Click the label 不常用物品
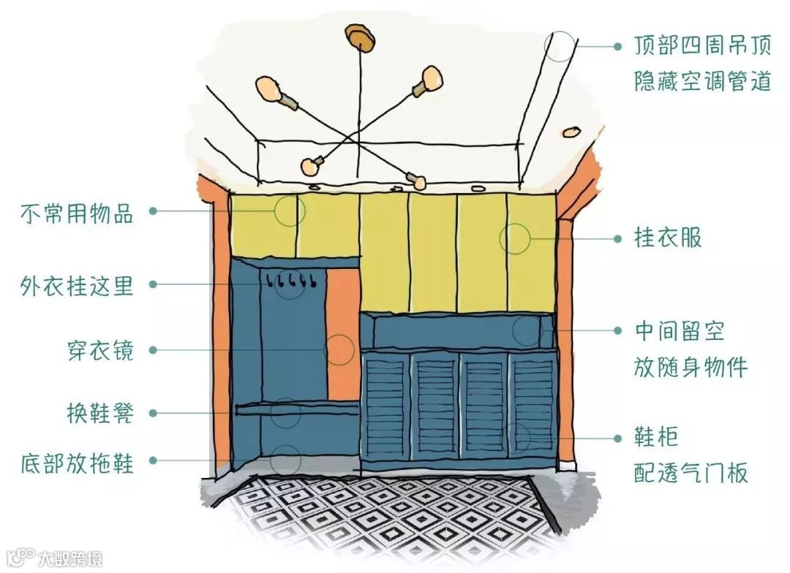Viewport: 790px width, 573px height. pos(77,213)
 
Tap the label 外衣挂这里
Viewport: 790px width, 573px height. pos(77,285)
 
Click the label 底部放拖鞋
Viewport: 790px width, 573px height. pos(77,462)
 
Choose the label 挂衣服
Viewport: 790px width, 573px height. pos(667,238)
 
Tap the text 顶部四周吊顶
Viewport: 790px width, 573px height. pos(702,47)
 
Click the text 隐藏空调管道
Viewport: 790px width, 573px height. pos(702,80)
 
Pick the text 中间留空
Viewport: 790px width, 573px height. pos(679,331)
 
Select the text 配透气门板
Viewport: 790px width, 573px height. pos(691,473)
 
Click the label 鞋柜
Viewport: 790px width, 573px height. pos(656,437)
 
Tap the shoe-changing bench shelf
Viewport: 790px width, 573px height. pos(296,409)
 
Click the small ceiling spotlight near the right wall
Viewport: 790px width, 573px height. pos(569,132)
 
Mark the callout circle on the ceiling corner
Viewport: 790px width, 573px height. pos(560,46)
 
